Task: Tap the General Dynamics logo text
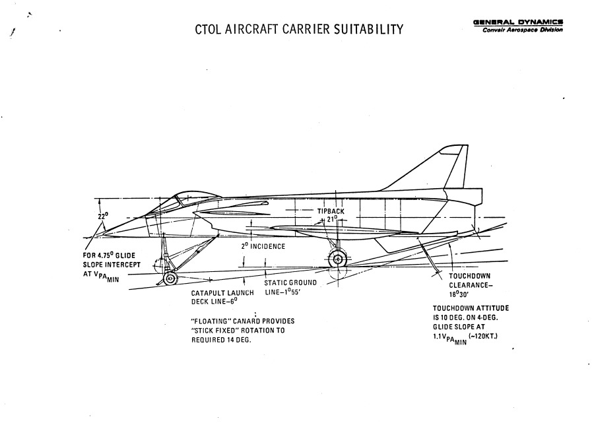click(518, 21)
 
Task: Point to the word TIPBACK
click(331, 211)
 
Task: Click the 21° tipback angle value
click(331, 218)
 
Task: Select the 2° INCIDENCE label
click(263, 247)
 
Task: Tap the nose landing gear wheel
click(170, 279)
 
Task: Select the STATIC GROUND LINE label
click(290, 287)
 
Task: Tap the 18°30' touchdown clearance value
click(463, 294)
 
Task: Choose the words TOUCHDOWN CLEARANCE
click(469, 280)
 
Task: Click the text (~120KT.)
click(486, 337)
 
